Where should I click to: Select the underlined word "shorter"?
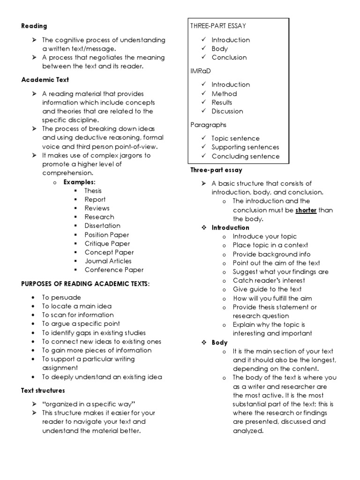pyautogui.click(x=306, y=210)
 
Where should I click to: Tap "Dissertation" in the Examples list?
pyautogui.click(x=102, y=225)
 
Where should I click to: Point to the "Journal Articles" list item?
pyautogui.click(x=108, y=261)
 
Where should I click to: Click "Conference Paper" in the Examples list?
pyautogui.click(x=114, y=270)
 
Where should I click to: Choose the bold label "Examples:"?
pyautogui.click(x=79, y=181)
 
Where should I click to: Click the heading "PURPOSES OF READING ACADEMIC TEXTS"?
pyautogui.click(x=85, y=284)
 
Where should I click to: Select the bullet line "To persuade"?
pyautogui.click(x=61, y=297)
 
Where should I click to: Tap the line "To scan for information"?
pyautogui.click(x=77, y=315)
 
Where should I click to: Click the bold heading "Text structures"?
pyautogui.click(x=43, y=390)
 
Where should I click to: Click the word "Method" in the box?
pyautogui.click(x=224, y=94)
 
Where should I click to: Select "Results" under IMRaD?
pyautogui.click(x=222, y=102)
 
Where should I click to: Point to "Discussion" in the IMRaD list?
pyautogui.click(x=227, y=111)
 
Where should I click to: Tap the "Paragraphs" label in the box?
pyautogui.click(x=208, y=125)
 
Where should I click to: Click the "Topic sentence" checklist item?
pyautogui.click(x=235, y=138)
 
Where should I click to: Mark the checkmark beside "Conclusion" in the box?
pyautogui.click(x=203, y=57)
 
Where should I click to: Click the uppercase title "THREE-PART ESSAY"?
pyautogui.click(x=218, y=26)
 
